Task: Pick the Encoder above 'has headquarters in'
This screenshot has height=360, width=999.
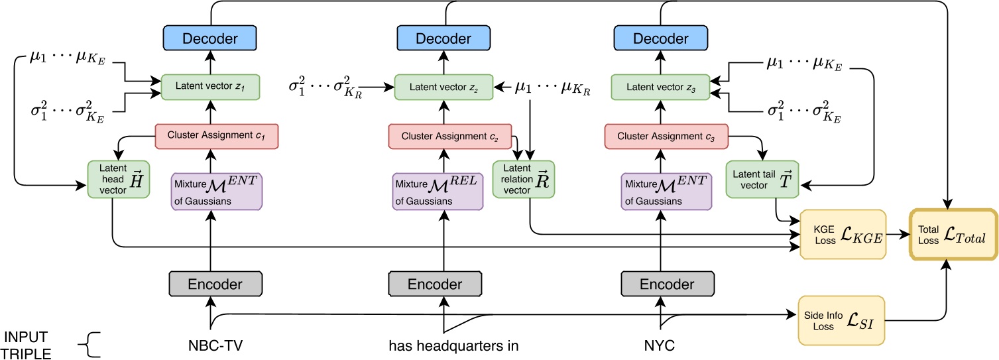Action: (435, 284)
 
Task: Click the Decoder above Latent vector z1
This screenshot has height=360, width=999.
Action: (210, 38)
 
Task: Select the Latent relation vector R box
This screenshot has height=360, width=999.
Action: (524, 178)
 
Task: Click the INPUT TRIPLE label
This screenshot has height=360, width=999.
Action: (27, 345)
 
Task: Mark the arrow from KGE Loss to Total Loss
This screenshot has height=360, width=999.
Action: (898, 235)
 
